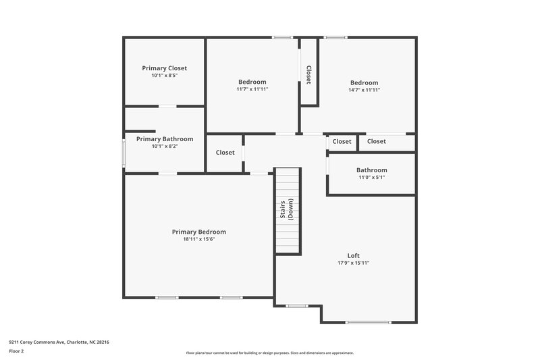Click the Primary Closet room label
(164, 68)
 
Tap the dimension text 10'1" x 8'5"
(164, 76)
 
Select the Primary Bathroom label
(165, 139)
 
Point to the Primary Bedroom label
(198, 232)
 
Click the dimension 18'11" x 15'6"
(198, 239)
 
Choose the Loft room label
(353, 255)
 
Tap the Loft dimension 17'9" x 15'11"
(353, 263)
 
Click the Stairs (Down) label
(286, 211)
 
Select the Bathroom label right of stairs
(372, 170)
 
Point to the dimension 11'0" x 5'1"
(372, 178)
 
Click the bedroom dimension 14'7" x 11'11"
(364, 89)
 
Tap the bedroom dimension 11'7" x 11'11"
(252, 89)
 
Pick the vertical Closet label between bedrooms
(308, 74)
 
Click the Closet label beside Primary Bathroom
(225, 153)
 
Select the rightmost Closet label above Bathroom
(377, 142)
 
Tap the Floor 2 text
(17, 352)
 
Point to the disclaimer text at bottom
(270, 353)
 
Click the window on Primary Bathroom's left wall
(123, 152)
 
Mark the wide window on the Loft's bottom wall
(369, 322)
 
